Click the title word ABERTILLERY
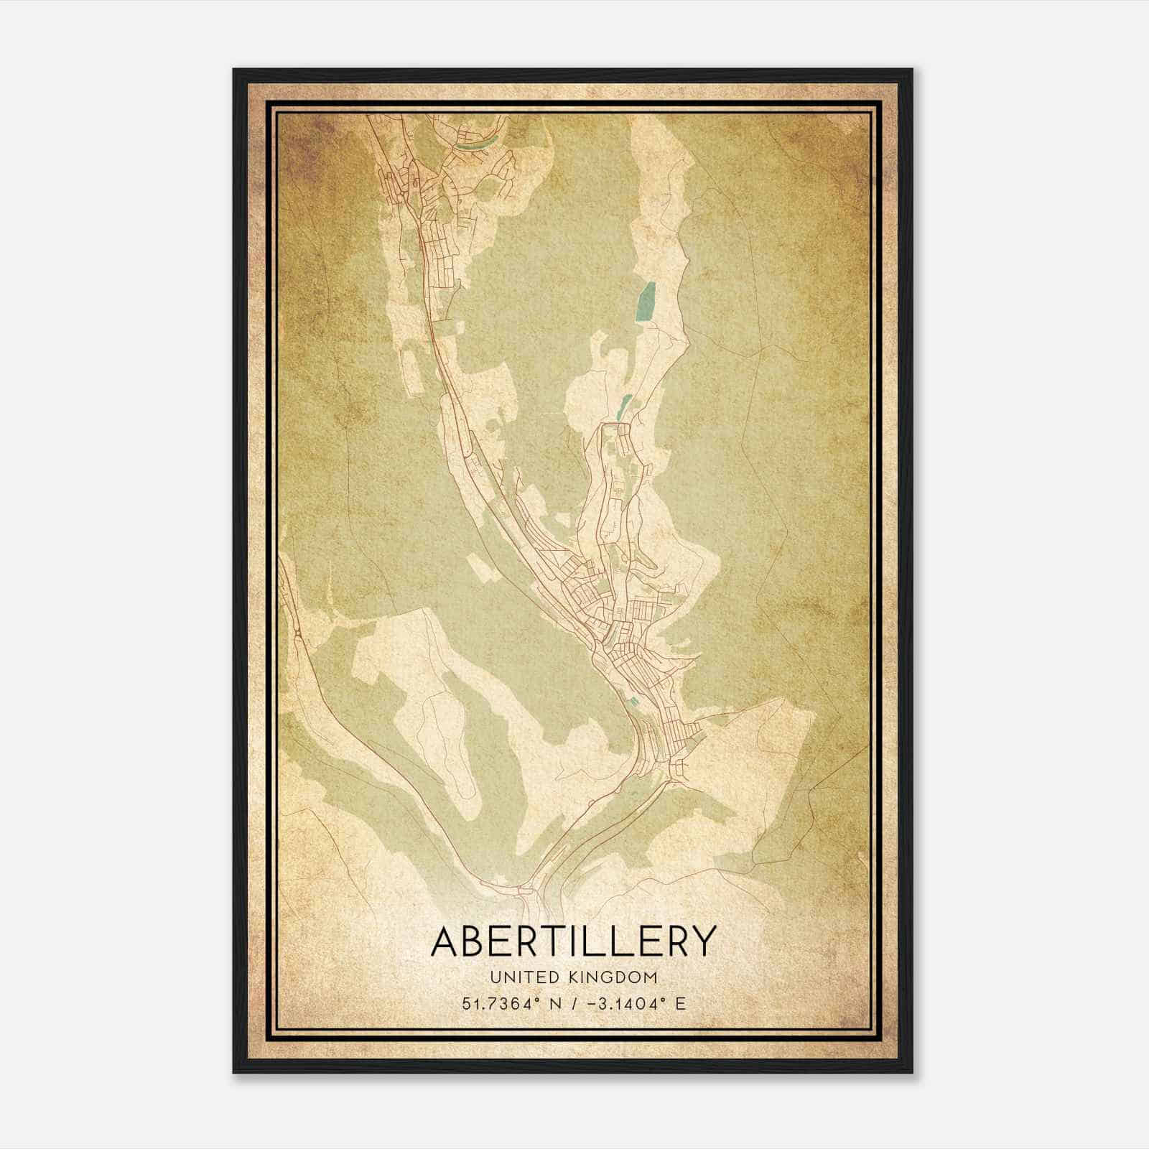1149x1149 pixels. click(x=574, y=941)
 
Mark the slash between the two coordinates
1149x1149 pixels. click(x=572, y=1003)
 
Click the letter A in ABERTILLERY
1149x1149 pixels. click(x=446, y=941)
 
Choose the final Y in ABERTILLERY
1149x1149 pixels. click(x=703, y=941)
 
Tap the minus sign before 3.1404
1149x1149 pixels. click(x=591, y=1003)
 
